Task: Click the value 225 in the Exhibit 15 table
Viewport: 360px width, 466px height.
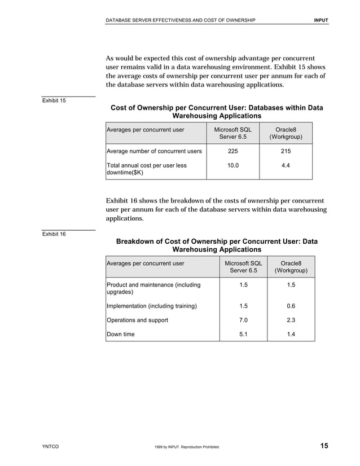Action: tap(232, 151)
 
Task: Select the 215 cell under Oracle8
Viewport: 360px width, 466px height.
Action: tap(286, 151)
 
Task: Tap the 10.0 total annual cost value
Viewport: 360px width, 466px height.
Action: tap(232, 166)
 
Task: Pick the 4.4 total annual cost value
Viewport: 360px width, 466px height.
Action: tap(286, 166)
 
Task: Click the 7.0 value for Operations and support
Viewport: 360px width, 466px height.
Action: tap(243, 320)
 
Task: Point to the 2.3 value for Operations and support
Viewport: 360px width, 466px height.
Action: tap(291, 320)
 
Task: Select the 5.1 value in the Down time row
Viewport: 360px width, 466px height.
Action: tap(243, 335)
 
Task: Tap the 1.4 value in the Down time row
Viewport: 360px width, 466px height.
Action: tap(291, 335)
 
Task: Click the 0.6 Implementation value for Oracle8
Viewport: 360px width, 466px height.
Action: tap(291, 306)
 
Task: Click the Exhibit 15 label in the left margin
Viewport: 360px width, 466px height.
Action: tap(54, 101)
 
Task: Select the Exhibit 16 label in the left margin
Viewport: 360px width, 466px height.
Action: tap(54, 234)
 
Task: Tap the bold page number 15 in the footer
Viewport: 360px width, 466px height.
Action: tap(324, 447)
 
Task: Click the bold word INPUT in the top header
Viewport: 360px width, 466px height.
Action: tap(321, 21)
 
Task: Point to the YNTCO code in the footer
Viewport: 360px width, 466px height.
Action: tap(51, 447)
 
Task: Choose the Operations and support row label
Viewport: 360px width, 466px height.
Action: tap(137, 320)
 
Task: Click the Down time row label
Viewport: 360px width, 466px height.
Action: tap(121, 335)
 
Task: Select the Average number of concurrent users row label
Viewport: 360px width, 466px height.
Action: tap(154, 151)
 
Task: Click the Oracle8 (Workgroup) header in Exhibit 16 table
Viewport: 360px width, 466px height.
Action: tap(291, 267)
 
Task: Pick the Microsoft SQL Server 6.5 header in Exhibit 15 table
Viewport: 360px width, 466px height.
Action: tap(232, 133)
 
